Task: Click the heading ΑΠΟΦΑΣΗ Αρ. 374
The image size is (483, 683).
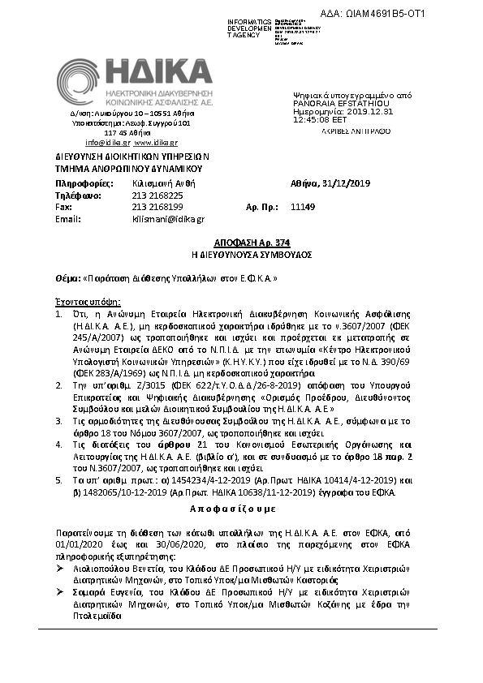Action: click(240, 243)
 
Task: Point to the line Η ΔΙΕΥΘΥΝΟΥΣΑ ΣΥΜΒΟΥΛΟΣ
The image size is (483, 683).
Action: click(240, 254)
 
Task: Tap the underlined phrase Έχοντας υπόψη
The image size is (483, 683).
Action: click(72, 299)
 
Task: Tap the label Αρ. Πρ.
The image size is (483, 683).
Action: click(257, 207)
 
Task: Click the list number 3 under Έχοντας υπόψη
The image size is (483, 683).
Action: click(58, 422)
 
